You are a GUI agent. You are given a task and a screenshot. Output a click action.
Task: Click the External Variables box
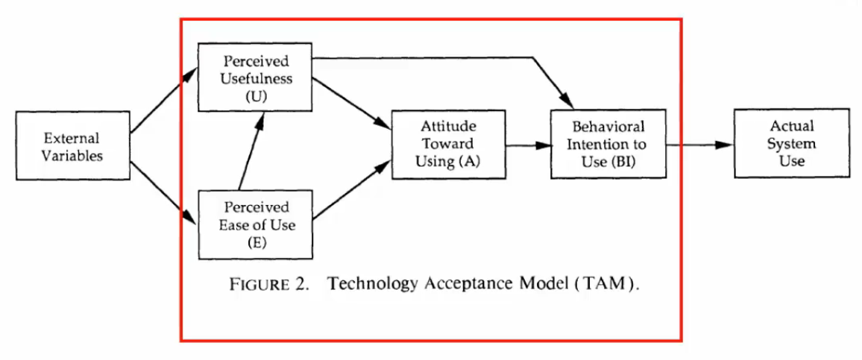[72, 146]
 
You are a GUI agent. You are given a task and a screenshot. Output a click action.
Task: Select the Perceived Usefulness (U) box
[255, 78]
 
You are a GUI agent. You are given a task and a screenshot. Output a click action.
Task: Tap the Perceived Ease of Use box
[255, 224]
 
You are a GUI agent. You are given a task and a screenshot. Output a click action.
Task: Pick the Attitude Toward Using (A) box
[447, 145]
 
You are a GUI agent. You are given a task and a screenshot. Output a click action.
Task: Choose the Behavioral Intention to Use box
[607, 144]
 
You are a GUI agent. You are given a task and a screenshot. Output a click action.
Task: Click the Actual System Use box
[791, 143]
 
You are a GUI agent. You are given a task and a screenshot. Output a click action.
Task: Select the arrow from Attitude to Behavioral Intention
[527, 145]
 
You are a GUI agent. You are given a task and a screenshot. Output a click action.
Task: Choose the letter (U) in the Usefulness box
[255, 96]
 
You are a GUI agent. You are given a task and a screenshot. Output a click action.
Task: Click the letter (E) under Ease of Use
[255, 243]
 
